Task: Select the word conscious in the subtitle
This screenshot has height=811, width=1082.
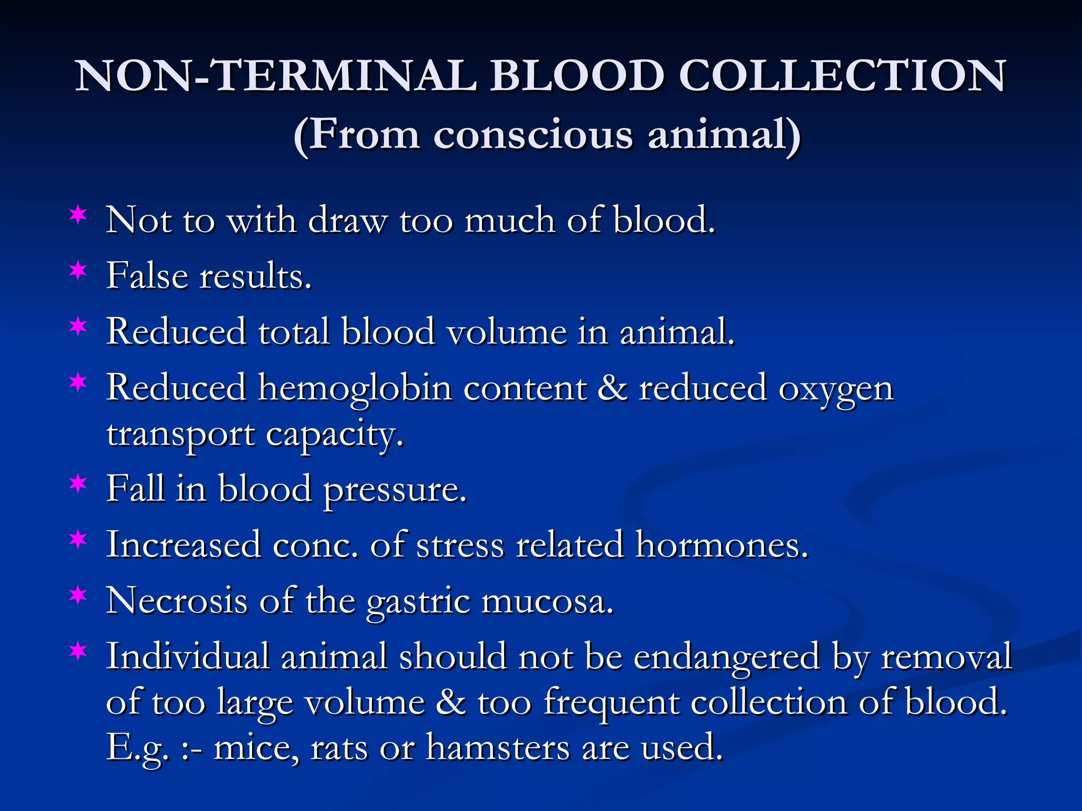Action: point(533,135)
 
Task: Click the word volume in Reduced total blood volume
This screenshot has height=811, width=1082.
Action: point(506,332)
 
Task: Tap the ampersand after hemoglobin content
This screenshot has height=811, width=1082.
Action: point(613,388)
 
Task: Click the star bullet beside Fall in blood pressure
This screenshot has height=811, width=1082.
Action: point(78,484)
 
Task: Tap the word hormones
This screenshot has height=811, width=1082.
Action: point(722,545)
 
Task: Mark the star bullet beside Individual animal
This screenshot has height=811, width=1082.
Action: point(78,652)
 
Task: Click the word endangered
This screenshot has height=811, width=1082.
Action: point(726,658)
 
